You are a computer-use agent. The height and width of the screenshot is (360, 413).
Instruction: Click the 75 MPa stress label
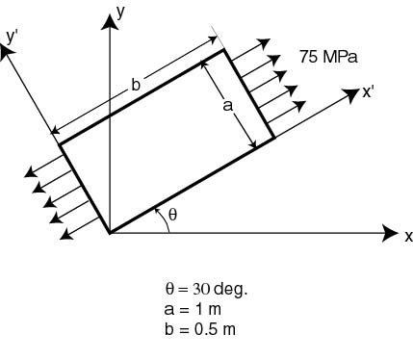[x=328, y=57]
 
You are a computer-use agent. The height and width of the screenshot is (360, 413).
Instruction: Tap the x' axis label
[x=368, y=92]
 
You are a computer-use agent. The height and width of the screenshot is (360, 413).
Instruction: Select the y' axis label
[x=12, y=38]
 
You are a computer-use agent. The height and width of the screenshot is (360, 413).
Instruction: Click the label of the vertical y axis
[x=120, y=13]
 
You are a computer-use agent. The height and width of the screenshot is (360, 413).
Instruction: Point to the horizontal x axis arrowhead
[x=391, y=232]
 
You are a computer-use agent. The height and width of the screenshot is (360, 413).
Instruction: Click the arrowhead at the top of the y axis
[x=110, y=22]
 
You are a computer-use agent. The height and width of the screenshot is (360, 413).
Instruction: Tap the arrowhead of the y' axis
[x=7, y=52]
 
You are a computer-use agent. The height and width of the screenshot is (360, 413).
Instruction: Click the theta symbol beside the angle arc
[x=172, y=215]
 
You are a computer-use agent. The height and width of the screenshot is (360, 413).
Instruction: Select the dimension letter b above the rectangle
[x=136, y=85]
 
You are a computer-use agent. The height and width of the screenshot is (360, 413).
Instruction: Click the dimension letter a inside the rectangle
[x=227, y=106]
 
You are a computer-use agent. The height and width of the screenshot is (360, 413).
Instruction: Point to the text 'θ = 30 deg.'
[x=206, y=289]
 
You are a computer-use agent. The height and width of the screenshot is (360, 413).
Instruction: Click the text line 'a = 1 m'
[x=193, y=309]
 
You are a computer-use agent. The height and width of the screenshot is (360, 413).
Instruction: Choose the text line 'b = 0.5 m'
[x=200, y=329]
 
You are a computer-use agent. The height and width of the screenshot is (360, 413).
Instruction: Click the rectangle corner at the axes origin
[x=110, y=233]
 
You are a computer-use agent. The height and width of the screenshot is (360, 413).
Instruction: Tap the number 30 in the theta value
[x=201, y=289]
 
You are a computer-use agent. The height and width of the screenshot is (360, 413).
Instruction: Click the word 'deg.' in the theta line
[x=230, y=290]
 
